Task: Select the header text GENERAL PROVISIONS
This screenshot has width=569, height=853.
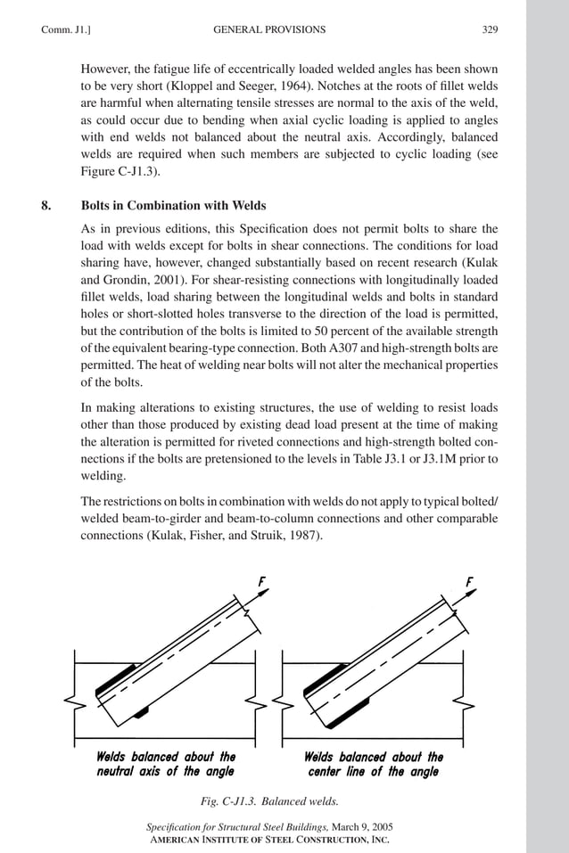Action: coord(269,29)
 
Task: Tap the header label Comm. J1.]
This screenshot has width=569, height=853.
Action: coord(63,29)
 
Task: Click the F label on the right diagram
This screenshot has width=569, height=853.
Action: coord(469,582)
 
